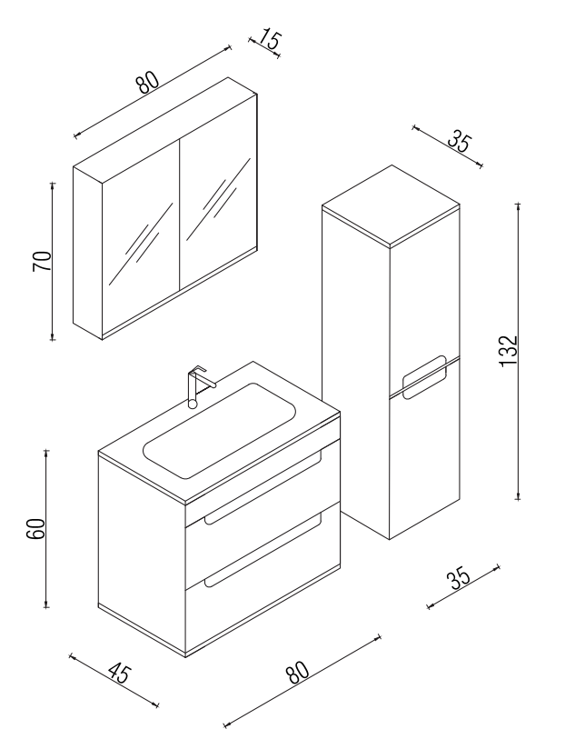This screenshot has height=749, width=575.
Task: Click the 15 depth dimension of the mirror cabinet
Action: coord(270,40)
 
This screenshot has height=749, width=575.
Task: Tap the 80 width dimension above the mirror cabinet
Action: coord(147,82)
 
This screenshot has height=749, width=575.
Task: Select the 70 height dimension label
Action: coord(42,261)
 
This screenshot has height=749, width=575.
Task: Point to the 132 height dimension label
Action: coord(508,351)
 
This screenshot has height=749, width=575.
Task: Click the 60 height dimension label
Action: coord(35,528)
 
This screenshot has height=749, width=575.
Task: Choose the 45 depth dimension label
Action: coord(118,673)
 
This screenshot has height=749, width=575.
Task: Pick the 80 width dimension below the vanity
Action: coord(298,672)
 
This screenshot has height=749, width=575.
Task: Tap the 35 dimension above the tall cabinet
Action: coord(460,143)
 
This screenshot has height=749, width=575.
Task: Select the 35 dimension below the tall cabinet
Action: coord(459,578)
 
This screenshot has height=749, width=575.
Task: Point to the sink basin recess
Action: coord(220,430)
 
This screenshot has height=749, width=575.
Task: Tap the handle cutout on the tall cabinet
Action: coord(425,376)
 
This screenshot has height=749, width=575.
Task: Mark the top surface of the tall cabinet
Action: coord(392,205)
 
